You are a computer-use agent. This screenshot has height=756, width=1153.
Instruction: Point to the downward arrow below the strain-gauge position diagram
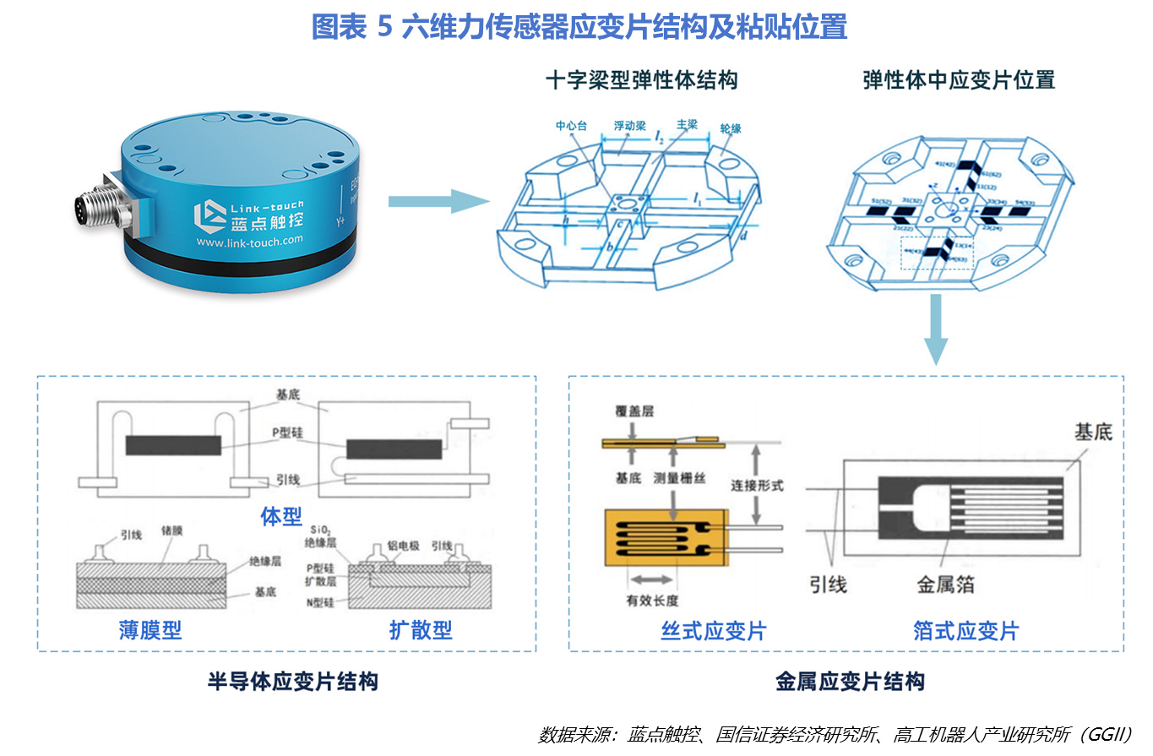[936, 330]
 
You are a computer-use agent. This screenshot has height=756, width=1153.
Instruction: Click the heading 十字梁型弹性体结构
[641, 80]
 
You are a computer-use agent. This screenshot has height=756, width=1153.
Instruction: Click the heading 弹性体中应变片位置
[959, 80]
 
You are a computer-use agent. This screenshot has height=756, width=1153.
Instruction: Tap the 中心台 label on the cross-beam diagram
[571, 126]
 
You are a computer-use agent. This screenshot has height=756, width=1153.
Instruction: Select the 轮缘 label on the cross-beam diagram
[730, 128]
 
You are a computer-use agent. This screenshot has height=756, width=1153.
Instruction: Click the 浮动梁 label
[629, 126]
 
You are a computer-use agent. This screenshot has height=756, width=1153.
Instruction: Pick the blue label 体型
[281, 516]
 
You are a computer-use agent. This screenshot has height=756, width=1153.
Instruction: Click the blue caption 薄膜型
[150, 630]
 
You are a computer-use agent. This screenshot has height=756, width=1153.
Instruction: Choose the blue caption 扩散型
[421, 630]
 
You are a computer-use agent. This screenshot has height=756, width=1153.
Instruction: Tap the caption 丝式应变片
[713, 631]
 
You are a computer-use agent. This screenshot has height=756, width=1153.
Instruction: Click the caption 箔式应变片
[965, 631]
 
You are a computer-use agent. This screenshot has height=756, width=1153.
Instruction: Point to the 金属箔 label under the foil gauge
[946, 585]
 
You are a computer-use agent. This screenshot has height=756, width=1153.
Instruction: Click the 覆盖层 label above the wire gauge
[634, 412]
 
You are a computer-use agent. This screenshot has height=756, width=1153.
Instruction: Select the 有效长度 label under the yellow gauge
[652, 601]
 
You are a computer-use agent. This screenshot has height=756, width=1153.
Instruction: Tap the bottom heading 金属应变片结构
[850, 682]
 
